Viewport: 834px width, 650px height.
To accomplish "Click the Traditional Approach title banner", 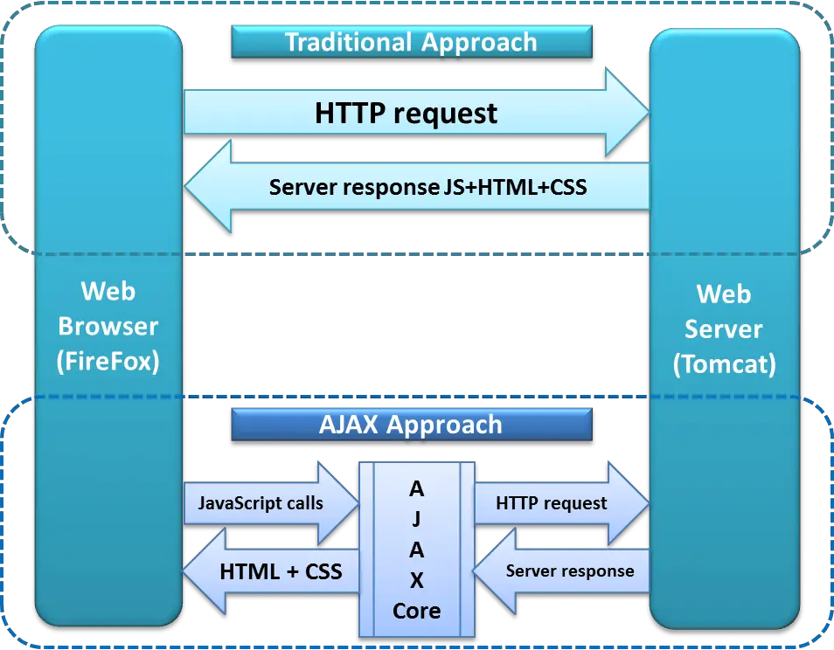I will pyautogui.click(x=411, y=41).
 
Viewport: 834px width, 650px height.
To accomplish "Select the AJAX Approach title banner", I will pyautogui.click(x=411, y=425).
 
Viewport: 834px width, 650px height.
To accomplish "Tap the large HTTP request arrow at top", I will pyautogui.click(x=407, y=113).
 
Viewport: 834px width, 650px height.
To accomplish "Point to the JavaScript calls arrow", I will pyautogui.click(x=261, y=503).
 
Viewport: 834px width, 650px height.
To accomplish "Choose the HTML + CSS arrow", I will pyautogui.click(x=281, y=572).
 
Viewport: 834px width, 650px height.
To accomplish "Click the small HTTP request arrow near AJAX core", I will pyautogui.click(x=552, y=503).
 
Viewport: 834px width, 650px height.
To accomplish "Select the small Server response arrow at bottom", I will pyautogui.click(x=569, y=571).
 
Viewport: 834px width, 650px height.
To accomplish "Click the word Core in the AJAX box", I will pyautogui.click(x=416, y=610).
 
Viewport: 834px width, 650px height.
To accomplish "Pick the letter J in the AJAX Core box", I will pyautogui.click(x=416, y=519).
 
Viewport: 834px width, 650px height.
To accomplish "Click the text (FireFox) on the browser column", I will pyautogui.click(x=108, y=361).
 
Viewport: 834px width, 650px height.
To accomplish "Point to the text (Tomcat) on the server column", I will pyautogui.click(x=724, y=363).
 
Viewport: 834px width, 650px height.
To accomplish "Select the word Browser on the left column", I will pyautogui.click(x=108, y=326).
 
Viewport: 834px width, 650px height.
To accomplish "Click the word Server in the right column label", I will pyautogui.click(x=724, y=329).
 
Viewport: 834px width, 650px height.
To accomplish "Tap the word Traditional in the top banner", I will pyautogui.click(x=348, y=41).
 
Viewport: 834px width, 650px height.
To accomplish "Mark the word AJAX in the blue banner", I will pyautogui.click(x=351, y=425).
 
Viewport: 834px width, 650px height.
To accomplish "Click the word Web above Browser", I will pyautogui.click(x=108, y=291).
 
